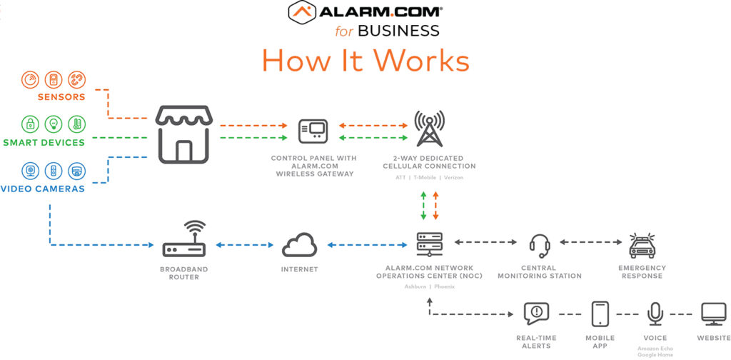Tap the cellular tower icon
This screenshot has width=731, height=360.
pyautogui.click(x=429, y=129)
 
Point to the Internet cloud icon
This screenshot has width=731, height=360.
pyautogui.click(x=299, y=245)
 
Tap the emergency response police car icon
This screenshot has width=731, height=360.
pyautogui.click(x=642, y=245)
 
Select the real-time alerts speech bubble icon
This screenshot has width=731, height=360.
pyautogui.click(x=536, y=314)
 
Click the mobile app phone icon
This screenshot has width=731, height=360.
pyautogui.click(x=600, y=314)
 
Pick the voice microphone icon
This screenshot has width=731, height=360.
pyautogui.click(x=655, y=314)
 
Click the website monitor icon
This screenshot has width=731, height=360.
pyautogui.click(x=713, y=314)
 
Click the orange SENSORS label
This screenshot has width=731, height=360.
pyautogui.click(x=61, y=96)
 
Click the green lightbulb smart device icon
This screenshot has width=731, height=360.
pyautogui.click(x=54, y=124)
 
